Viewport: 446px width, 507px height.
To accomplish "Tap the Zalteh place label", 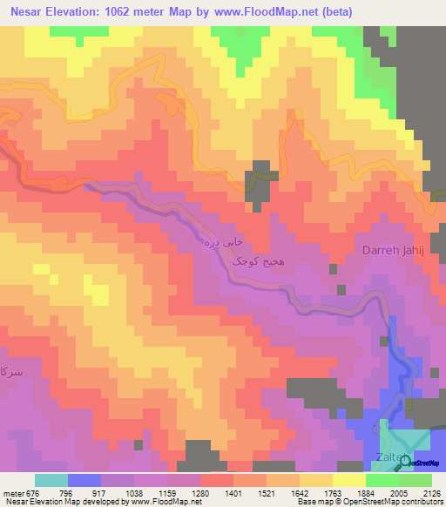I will tap(391, 457).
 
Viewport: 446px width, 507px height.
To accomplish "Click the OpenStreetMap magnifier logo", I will tap(405, 464).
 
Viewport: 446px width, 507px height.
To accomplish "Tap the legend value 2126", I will tap(430, 491).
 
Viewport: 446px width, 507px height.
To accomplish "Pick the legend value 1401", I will tap(233, 491).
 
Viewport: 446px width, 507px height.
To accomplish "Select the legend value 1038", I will tap(135, 491).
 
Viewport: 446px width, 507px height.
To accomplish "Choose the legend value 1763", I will tap(333, 491).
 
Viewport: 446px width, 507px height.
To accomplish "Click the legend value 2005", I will tap(398, 491).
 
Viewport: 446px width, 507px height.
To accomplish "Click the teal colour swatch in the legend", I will tap(51, 479).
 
